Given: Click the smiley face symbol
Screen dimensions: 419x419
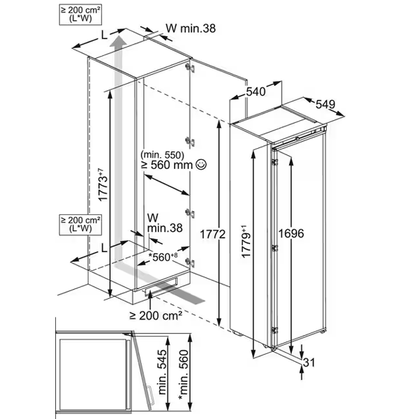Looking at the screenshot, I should (201, 165).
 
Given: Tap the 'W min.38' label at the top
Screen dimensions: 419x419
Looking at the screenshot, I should (189, 29).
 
